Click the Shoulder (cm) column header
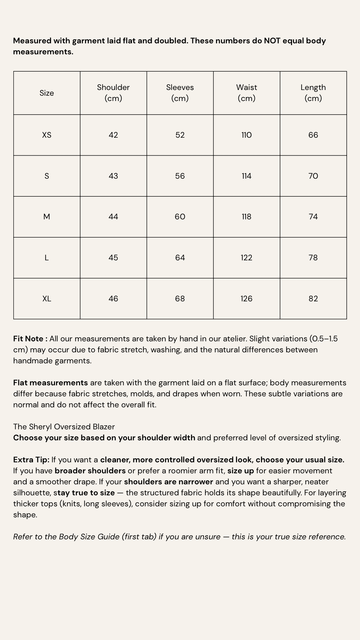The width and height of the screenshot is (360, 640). [113, 93]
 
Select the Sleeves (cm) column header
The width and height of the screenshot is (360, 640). [180, 93]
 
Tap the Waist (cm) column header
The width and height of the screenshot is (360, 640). [247, 93]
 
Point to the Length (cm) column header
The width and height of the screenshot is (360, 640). [313, 93]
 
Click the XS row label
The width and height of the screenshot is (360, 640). [47, 135]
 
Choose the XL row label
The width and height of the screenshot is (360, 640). [47, 299]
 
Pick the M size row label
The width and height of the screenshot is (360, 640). [47, 217]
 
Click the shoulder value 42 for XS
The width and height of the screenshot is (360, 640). [113, 135]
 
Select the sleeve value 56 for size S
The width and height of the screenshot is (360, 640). [180, 176]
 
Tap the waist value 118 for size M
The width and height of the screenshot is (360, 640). [247, 217]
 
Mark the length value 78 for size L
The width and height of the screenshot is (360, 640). [313, 258]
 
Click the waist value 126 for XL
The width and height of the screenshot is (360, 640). [247, 299]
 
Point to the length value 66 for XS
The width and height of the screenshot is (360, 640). [313, 135]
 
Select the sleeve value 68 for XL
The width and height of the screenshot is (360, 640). [180, 299]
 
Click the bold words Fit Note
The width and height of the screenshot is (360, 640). [29, 339]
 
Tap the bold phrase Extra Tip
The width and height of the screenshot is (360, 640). [31, 460]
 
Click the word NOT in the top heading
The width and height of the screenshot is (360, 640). [272, 41]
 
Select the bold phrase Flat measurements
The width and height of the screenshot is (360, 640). [50, 383]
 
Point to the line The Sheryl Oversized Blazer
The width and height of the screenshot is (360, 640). [64, 427]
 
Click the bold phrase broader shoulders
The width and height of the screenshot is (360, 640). [90, 471]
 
